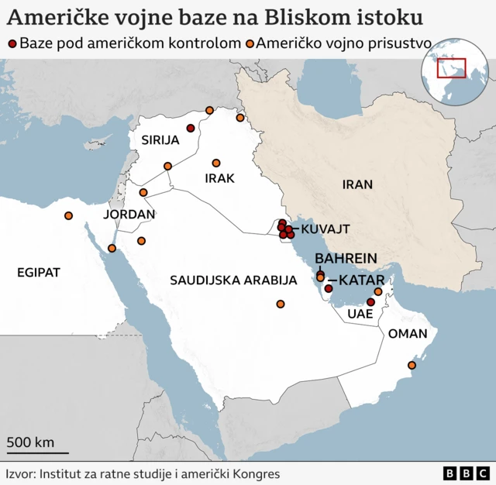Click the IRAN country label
[x=357, y=184]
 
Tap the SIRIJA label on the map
[x=160, y=140]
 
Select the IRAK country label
[x=219, y=178]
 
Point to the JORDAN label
[x=129, y=214]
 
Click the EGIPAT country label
[x=38, y=272]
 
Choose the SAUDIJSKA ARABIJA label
[x=233, y=279]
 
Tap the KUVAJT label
[x=325, y=229]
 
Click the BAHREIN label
[x=346, y=258]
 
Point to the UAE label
[x=360, y=314]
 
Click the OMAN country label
[x=407, y=334]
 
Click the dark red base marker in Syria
[x=191, y=129]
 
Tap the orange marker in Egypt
[x=69, y=215]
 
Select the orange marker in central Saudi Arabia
[x=281, y=304]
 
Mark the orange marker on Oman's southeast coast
[x=412, y=365]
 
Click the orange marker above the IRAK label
[x=216, y=163]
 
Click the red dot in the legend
[x=11, y=44]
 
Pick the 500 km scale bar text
[x=31, y=442]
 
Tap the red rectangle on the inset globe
[x=450, y=68]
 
